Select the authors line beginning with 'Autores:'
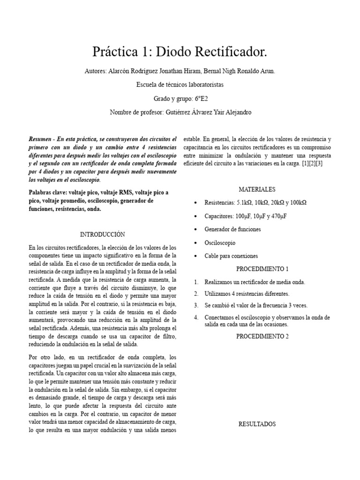pyautogui.click(x=180, y=71)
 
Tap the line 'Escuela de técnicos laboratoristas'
pyautogui.click(x=180, y=85)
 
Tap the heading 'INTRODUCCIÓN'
pyautogui.click(x=103, y=234)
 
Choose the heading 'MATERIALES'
pyautogui.click(x=257, y=189)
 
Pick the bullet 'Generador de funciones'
pyautogui.click(x=232, y=229)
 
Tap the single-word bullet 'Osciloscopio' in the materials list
pyautogui.click(x=220, y=243)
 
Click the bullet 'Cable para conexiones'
pyautogui.click(x=231, y=256)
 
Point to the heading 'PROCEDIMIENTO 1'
pyautogui.click(x=262, y=269)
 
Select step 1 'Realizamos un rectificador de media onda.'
pyautogui.click(x=255, y=282)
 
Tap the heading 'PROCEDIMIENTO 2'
pyautogui.click(x=262, y=336)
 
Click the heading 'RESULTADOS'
pyautogui.click(x=257, y=424)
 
